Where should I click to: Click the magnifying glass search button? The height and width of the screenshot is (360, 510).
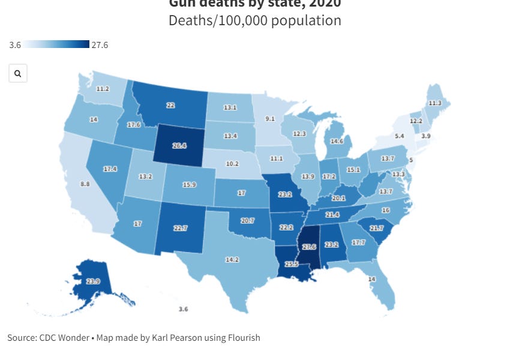(x=18, y=73)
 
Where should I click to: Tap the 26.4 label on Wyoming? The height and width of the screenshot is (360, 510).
(x=179, y=145)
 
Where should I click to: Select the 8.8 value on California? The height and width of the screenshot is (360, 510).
(x=85, y=184)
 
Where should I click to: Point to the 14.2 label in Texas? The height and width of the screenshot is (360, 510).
(x=232, y=260)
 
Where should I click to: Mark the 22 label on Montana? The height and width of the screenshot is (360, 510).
(x=170, y=105)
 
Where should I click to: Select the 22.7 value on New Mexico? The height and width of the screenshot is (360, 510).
(x=181, y=227)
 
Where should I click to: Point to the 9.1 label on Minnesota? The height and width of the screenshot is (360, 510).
(x=271, y=119)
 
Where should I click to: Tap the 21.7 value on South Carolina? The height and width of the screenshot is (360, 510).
(x=377, y=227)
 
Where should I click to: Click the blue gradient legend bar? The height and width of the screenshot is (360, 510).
(x=58, y=44)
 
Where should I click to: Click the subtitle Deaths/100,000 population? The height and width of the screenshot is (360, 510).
(x=255, y=20)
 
